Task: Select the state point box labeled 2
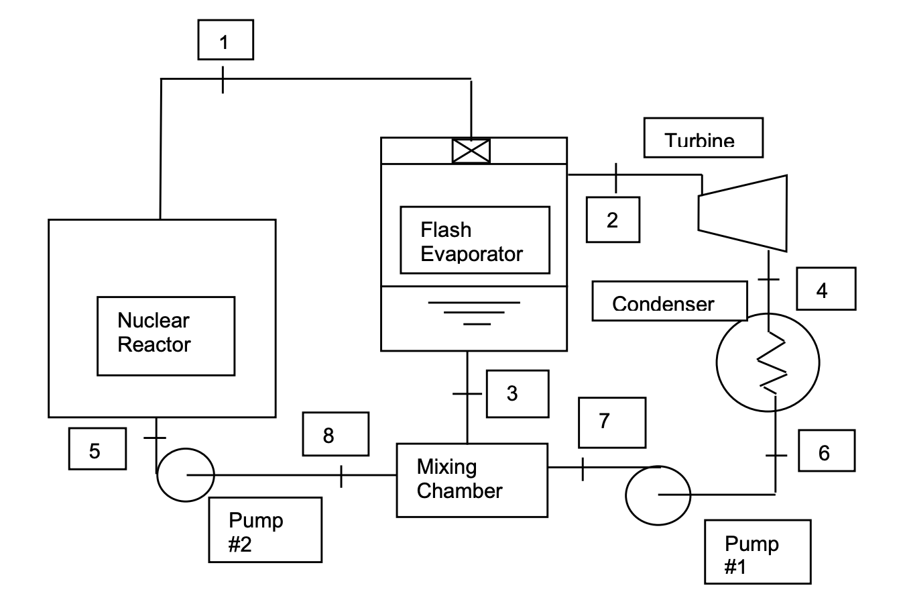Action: click(x=613, y=219)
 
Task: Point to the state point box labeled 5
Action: click(x=97, y=450)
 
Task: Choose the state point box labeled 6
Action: click(x=826, y=451)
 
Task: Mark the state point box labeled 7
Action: click(x=612, y=422)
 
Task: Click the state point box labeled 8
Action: click(x=335, y=434)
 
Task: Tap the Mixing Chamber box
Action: click(x=471, y=479)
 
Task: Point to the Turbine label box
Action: click(x=703, y=138)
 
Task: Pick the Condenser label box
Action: click(x=668, y=301)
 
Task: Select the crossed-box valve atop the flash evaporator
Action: click(x=471, y=150)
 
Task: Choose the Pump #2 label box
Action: click(x=265, y=530)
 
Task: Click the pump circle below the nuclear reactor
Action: click(x=185, y=474)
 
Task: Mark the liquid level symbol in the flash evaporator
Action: click(x=475, y=313)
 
